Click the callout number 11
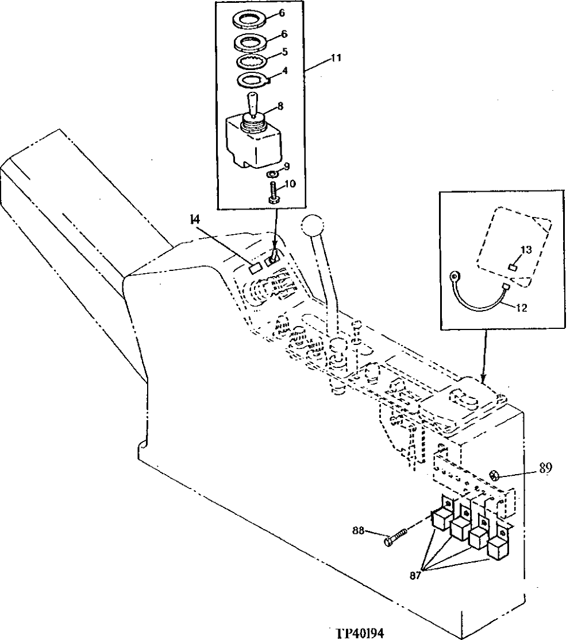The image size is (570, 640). (x=337, y=58)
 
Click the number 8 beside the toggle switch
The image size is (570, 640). (x=280, y=106)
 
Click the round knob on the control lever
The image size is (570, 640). (x=313, y=224)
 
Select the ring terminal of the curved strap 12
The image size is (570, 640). (x=456, y=276)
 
